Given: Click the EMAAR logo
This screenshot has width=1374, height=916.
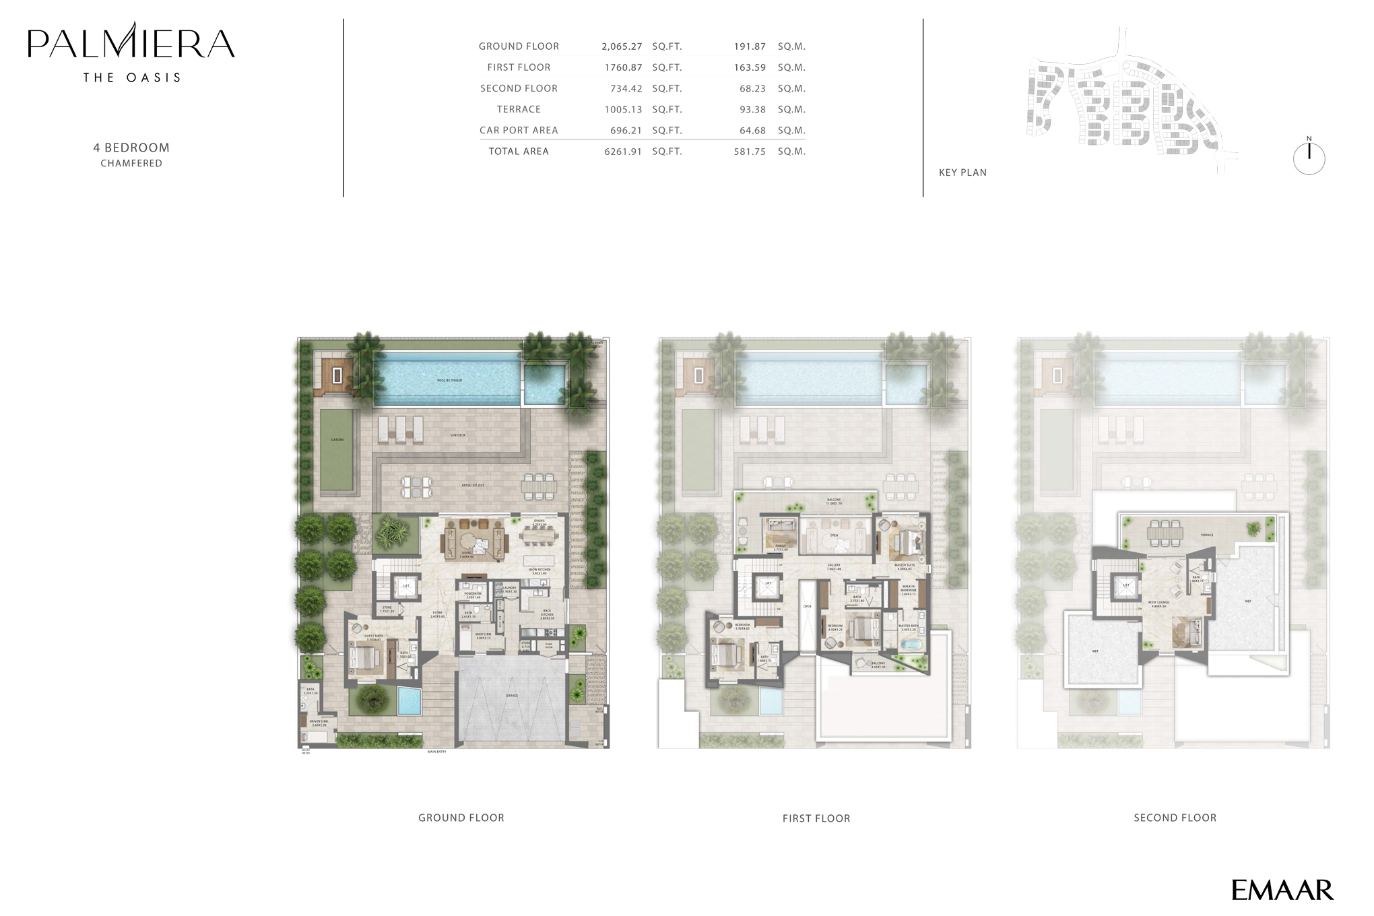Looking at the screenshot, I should pyautogui.click(x=1282, y=890).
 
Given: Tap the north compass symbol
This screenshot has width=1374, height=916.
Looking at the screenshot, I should pyautogui.click(x=1309, y=158).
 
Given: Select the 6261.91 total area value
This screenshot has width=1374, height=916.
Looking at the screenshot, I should pyautogui.click(x=622, y=152).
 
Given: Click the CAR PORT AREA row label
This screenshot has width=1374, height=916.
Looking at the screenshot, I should pyautogui.click(x=519, y=131).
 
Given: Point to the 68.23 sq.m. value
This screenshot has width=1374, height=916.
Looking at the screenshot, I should pyautogui.click(x=750, y=88).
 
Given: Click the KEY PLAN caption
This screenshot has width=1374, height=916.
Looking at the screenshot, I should pyautogui.click(x=962, y=172).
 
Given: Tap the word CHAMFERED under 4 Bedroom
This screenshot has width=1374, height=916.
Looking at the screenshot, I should pyautogui.click(x=131, y=163).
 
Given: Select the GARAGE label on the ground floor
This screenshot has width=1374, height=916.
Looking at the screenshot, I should pyautogui.click(x=512, y=694).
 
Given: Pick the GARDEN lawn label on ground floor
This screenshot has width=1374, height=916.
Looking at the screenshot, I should pyautogui.click(x=337, y=440).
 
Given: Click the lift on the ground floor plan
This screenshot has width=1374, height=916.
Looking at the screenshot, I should pyautogui.click(x=405, y=586).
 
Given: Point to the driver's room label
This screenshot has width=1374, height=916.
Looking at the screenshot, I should pyautogui.click(x=318, y=722).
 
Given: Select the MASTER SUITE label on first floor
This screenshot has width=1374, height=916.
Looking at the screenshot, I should pyautogui.click(x=905, y=566).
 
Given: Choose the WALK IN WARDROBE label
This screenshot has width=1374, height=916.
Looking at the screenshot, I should pyautogui.click(x=909, y=590).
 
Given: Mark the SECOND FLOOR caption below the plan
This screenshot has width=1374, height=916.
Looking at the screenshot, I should pyautogui.click(x=1175, y=818).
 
